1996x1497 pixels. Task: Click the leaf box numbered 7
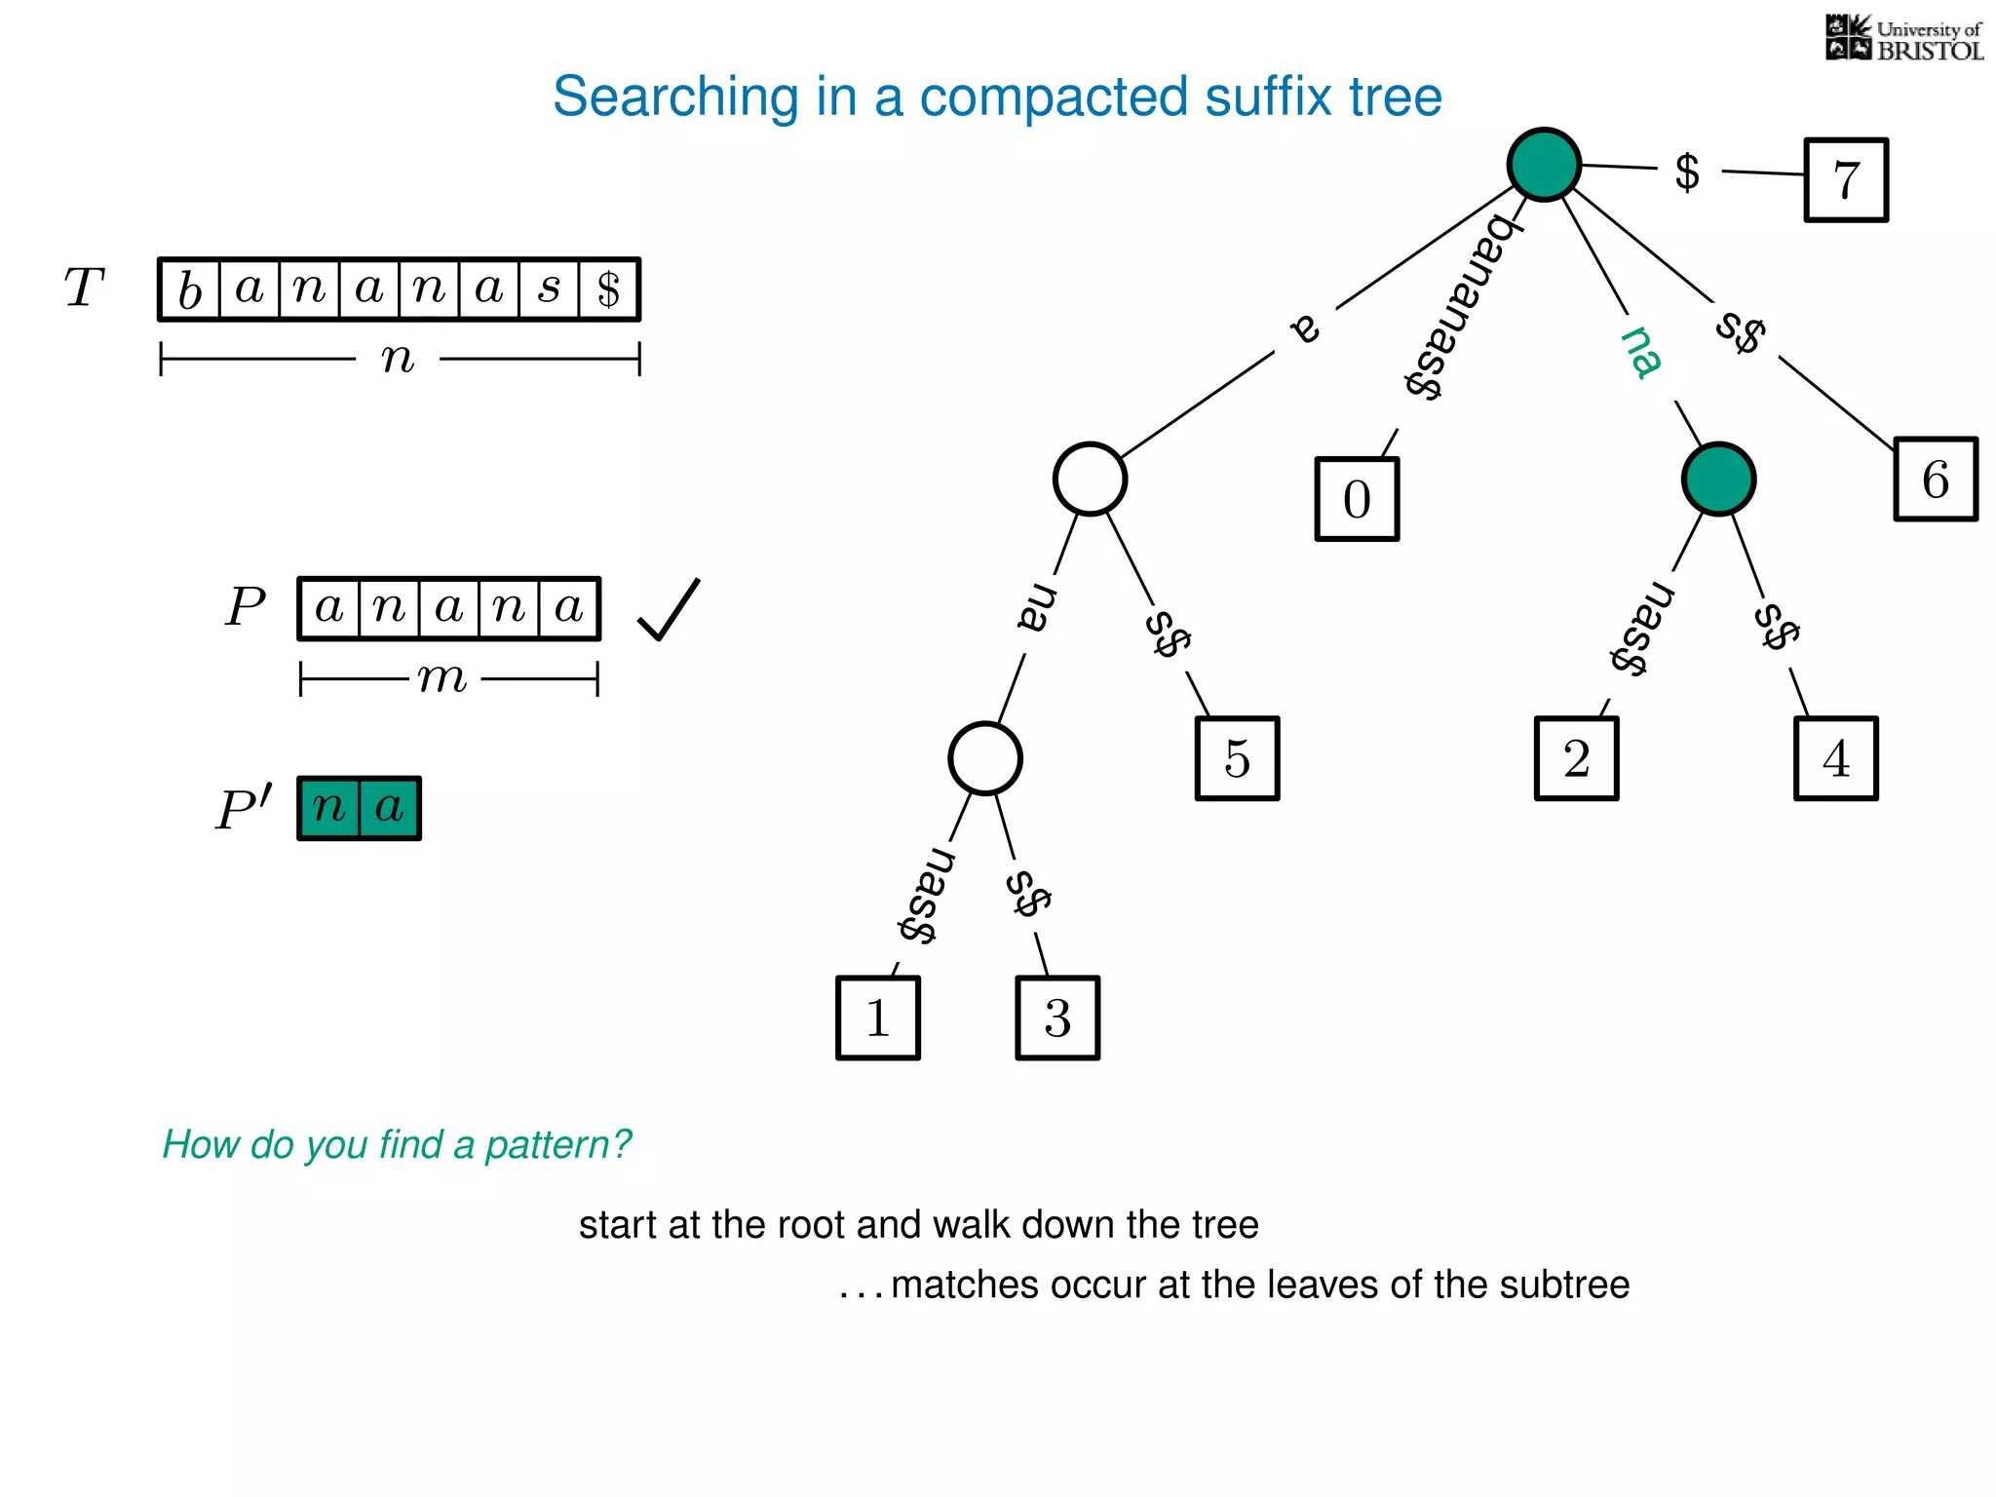coord(1846,180)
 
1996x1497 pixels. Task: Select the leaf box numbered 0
coord(1357,499)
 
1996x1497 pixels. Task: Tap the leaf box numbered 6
coord(1936,480)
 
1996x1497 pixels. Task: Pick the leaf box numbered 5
coord(1237,759)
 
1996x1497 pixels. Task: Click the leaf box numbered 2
coord(1576,759)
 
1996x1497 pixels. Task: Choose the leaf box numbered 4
coord(1835,759)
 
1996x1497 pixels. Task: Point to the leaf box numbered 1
coord(878,1018)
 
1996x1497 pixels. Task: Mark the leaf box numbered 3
coord(1057,1018)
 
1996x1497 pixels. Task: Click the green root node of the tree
coord(1544,165)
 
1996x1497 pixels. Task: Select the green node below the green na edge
coord(1718,480)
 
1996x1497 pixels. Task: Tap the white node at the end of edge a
coord(1090,479)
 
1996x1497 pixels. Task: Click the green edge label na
coord(1641,352)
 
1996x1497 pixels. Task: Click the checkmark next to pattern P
coord(669,610)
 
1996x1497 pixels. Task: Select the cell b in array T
coord(190,289)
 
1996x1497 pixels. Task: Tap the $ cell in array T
coord(609,289)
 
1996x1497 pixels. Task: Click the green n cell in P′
coord(329,808)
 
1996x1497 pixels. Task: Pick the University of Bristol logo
coord(1903,39)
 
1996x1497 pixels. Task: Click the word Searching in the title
coord(675,97)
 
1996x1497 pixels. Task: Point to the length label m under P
coord(443,678)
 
